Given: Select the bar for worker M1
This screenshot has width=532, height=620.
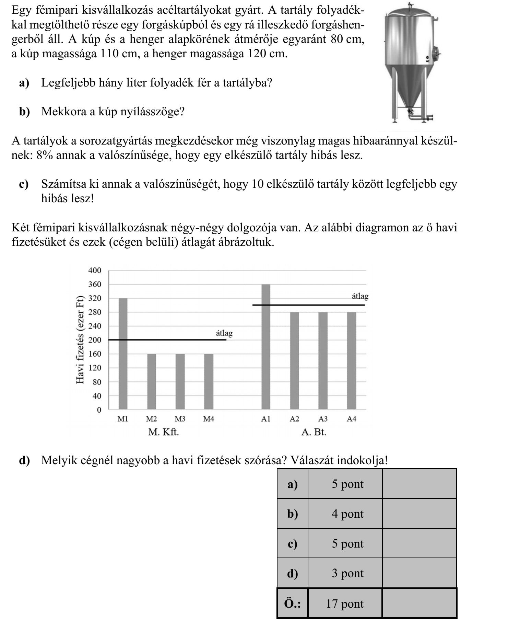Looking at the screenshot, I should pyautogui.click(x=123, y=354).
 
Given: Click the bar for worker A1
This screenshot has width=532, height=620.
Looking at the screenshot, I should pyautogui.click(x=266, y=347).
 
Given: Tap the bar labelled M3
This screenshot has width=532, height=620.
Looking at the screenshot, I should pyautogui.click(x=180, y=381).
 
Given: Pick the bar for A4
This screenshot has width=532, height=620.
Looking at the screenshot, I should pyautogui.click(x=352, y=360).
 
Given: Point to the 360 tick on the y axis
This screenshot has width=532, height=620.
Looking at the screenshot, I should pyautogui.click(x=95, y=285).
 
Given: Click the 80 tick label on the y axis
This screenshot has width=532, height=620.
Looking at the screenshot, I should pyautogui.click(x=97, y=382).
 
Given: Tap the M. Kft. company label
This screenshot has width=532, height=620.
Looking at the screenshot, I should pyautogui.click(x=164, y=432).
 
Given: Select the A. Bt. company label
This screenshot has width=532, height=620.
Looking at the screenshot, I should pyautogui.click(x=314, y=432).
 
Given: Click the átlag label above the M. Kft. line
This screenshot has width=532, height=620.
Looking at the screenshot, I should pyautogui.click(x=224, y=333).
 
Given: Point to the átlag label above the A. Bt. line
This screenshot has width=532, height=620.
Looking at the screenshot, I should pyautogui.click(x=360, y=296).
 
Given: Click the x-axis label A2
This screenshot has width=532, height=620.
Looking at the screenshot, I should pyautogui.click(x=294, y=419).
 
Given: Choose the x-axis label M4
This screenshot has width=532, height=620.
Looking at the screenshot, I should pyautogui.click(x=209, y=419).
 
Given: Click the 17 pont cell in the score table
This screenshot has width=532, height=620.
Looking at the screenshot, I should pyautogui.click(x=345, y=604).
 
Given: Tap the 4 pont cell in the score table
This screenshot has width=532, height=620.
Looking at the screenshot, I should pyautogui.click(x=347, y=514).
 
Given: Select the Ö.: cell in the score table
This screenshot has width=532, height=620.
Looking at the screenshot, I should pyautogui.click(x=293, y=604).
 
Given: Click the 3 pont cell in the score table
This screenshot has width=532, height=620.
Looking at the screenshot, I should pyautogui.click(x=347, y=573).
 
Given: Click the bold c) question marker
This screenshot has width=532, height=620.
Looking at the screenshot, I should pyautogui.click(x=24, y=184).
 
